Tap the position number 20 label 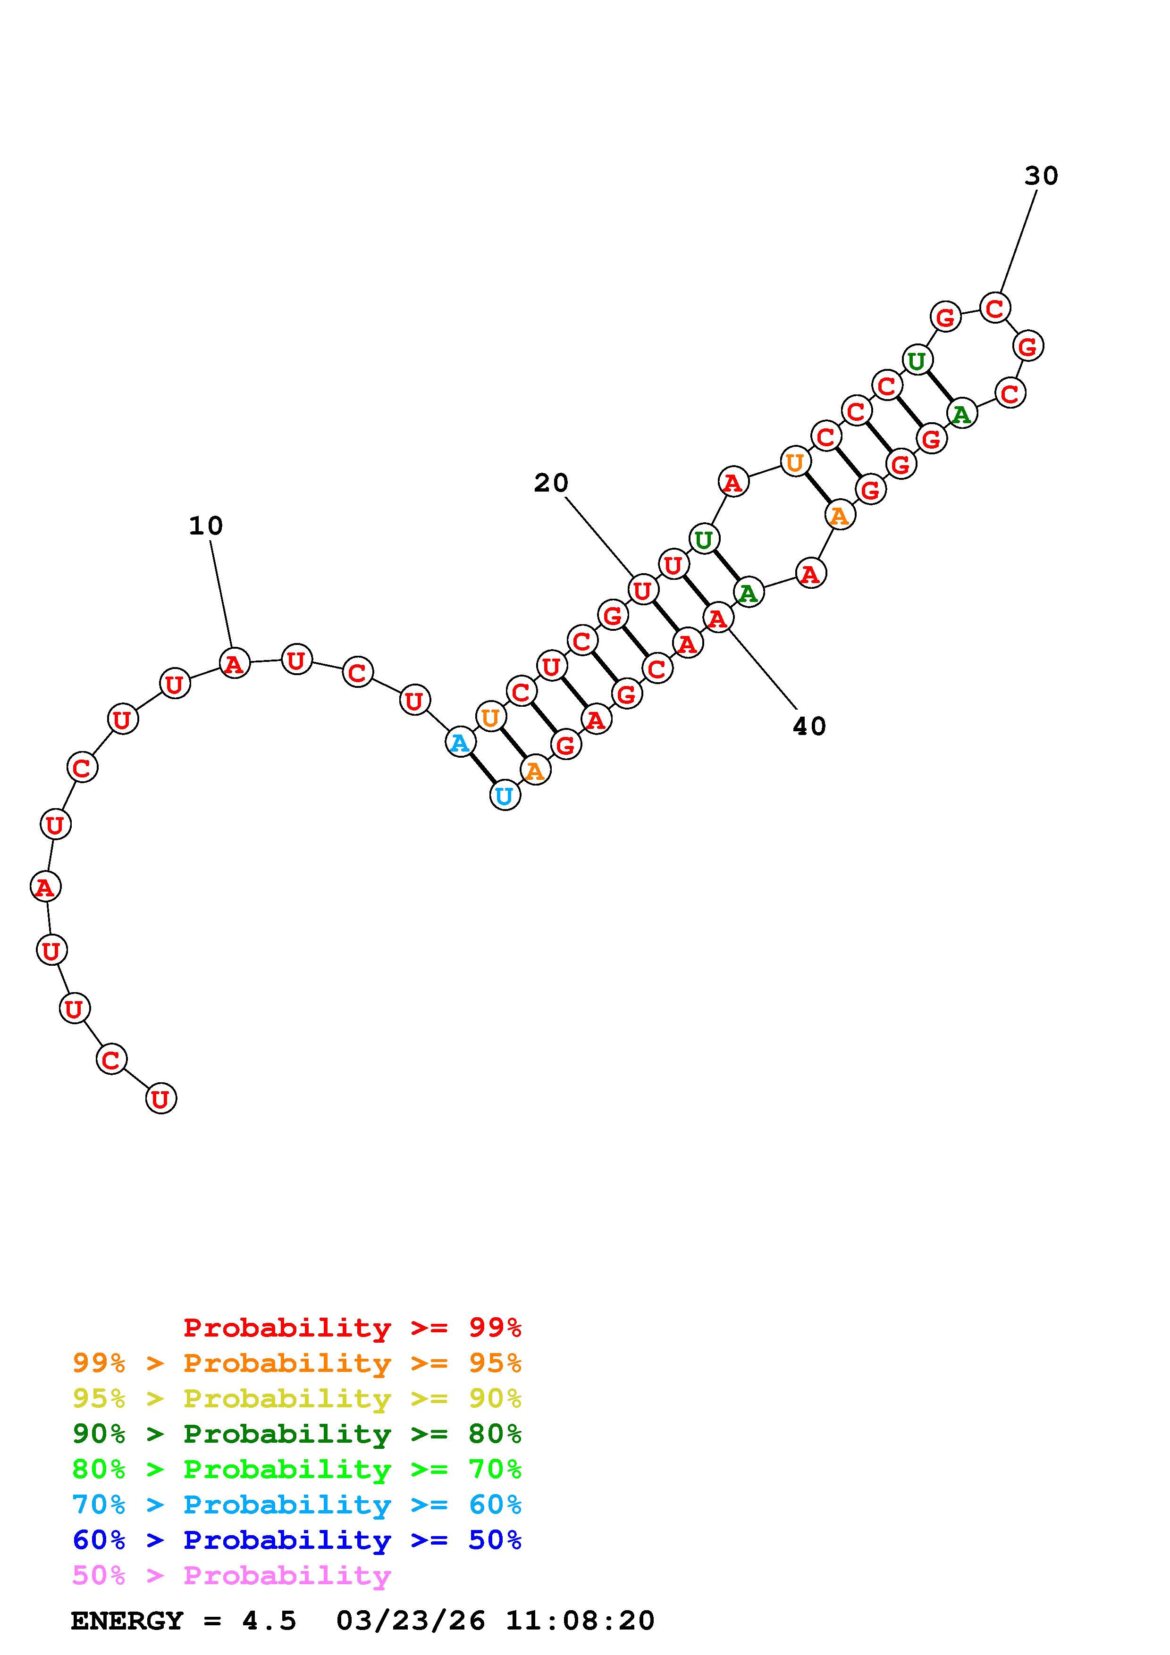tap(551, 483)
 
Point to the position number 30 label tap(1041, 176)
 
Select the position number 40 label tap(809, 726)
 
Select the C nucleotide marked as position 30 tap(995, 309)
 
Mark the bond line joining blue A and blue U tap(483, 769)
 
